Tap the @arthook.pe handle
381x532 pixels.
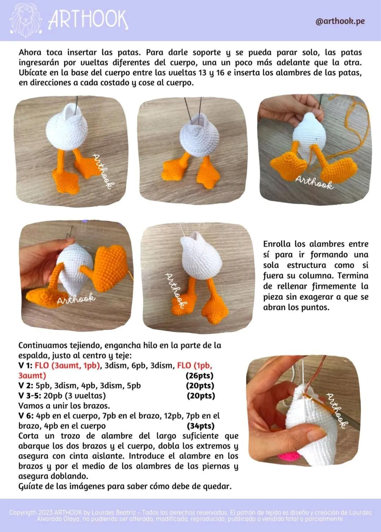(x=340, y=21)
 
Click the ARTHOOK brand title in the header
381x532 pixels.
(x=88, y=20)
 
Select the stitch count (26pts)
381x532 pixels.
(x=199, y=375)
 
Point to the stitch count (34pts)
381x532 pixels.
(x=201, y=426)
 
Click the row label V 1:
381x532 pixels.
(x=25, y=366)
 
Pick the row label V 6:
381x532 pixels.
(x=26, y=416)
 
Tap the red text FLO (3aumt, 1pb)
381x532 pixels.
(x=67, y=366)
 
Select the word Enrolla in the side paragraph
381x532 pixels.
(x=277, y=244)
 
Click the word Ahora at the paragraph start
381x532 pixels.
(x=30, y=53)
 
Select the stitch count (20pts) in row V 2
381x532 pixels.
(x=200, y=386)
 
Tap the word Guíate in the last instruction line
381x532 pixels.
(x=31, y=487)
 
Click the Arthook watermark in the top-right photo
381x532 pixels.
(x=314, y=183)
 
